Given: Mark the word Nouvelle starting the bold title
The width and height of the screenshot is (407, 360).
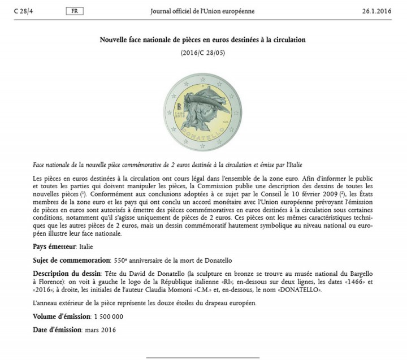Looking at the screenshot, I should tap(116, 40).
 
